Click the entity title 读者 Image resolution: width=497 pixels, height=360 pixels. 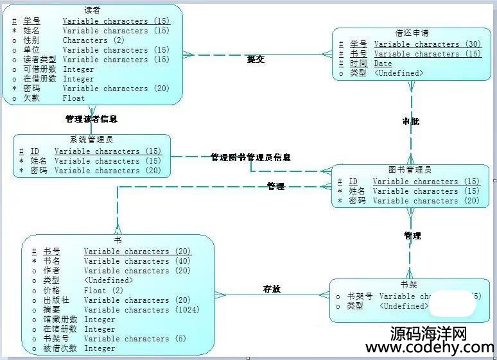tap(92, 10)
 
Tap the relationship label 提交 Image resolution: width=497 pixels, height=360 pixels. tap(256, 59)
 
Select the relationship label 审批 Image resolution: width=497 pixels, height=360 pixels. tap(411, 121)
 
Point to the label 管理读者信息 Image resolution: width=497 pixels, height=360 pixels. tap(91, 119)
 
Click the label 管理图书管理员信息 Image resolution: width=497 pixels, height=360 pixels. tap(250, 157)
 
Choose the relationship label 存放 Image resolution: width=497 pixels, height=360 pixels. tap(272, 289)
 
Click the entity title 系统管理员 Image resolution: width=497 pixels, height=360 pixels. tap(92, 140)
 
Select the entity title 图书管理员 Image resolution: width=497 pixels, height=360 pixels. tap(410, 170)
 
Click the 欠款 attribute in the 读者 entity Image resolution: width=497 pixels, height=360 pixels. tap(31, 98)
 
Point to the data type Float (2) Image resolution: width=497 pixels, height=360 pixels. tap(104, 290)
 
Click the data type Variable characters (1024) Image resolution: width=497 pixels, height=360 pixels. tap(141, 309)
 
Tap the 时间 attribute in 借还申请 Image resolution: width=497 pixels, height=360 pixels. tap(358, 64)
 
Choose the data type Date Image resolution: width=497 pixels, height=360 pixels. tap(383, 64)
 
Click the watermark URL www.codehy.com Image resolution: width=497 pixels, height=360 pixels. tap(430, 347)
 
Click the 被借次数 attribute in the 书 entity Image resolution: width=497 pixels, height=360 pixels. tap(60, 348)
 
